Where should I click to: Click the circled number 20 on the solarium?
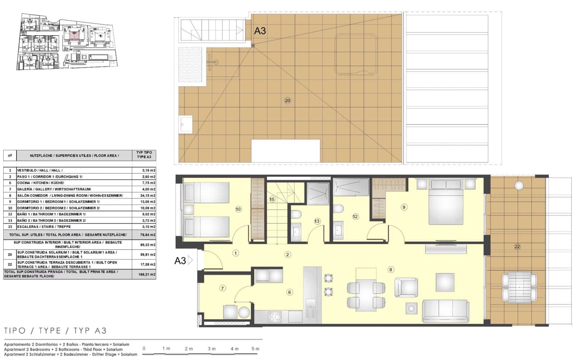point(287,101)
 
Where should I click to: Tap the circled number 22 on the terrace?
point(517,247)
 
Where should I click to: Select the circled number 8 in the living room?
point(391,269)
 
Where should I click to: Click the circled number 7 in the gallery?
point(222,288)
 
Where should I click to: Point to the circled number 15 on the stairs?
point(272,199)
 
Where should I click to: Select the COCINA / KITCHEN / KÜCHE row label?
point(40,183)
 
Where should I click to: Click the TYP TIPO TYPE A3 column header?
point(144,155)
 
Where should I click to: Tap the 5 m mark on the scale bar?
point(255,349)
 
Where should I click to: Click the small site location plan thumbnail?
point(67,41)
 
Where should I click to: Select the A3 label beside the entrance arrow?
point(180,261)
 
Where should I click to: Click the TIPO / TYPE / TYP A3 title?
point(55,331)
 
